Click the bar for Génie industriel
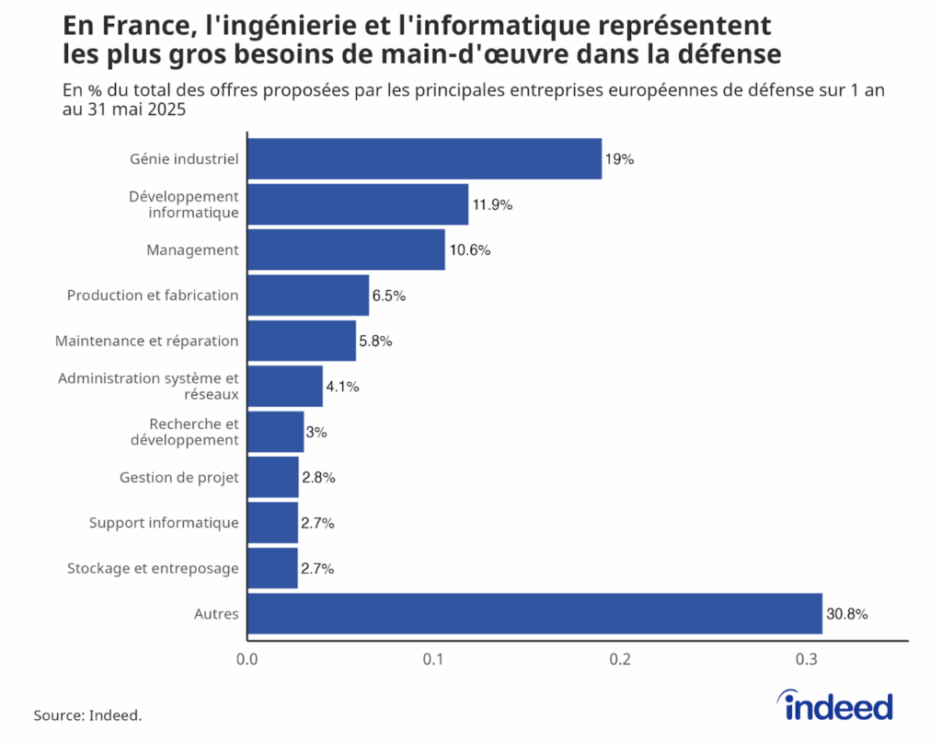[x=424, y=159]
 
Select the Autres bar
[x=534, y=613]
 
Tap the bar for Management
[x=346, y=250]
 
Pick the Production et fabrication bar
[x=308, y=296]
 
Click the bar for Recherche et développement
[x=276, y=432]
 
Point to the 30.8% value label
[x=847, y=614]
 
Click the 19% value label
[x=620, y=159]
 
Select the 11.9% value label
[x=492, y=205]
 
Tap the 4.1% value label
[x=342, y=387]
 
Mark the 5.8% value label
[x=376, y=342]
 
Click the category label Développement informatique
[x=184, y=204]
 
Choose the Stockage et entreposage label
[x=153, y=568]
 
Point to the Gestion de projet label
[x=179, y=477]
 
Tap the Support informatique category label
[x=164, y=523]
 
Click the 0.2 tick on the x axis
[x=621, y=660]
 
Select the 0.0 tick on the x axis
[x=247, y=660]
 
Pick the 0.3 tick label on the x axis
[x=808, y=660]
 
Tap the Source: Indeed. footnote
[x=88, y=715]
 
